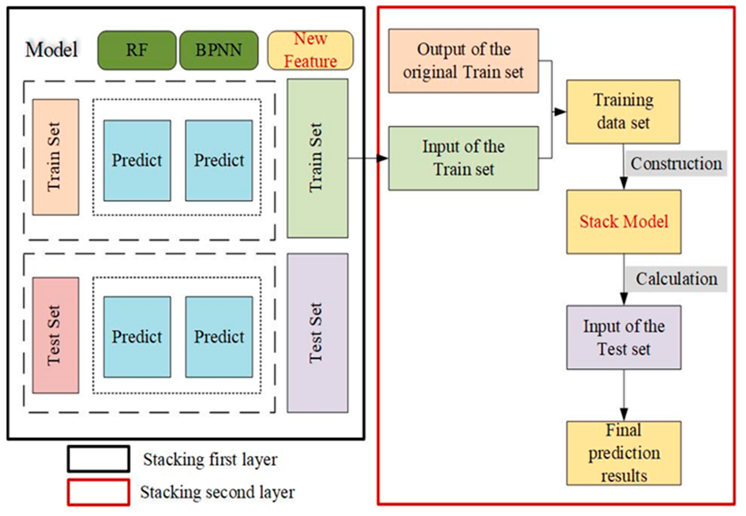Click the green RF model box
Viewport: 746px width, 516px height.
pyautogui.click(x=137, y=50)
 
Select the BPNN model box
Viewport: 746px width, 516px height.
pyautogui.click(x=219, y=50)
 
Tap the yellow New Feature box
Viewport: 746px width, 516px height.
pyautogui.click(x=310, y=50)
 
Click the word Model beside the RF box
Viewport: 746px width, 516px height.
pyautogui.click(x=52, y=50)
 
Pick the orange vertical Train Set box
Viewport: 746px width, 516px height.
pyautogui.click(x=55, y=157)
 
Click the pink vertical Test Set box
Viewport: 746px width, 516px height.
pyautogui.click(x=55, y=335)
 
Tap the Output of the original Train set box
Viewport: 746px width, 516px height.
pyautogui.click(x=463, y=61)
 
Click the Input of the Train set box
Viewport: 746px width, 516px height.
pyautogui.click(x=463, y=158)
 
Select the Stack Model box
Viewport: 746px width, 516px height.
pyautogui.click(x=623, y=222)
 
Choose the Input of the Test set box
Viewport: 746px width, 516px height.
pyautogui.click(x=623, y=337)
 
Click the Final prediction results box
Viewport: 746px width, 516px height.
pyautogui.click(x=623, y=453)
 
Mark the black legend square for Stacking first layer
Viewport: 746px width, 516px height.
pyautogui.click(x=99, y=459)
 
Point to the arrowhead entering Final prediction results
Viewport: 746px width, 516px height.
pyautogui.click(x=623, y=415)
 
